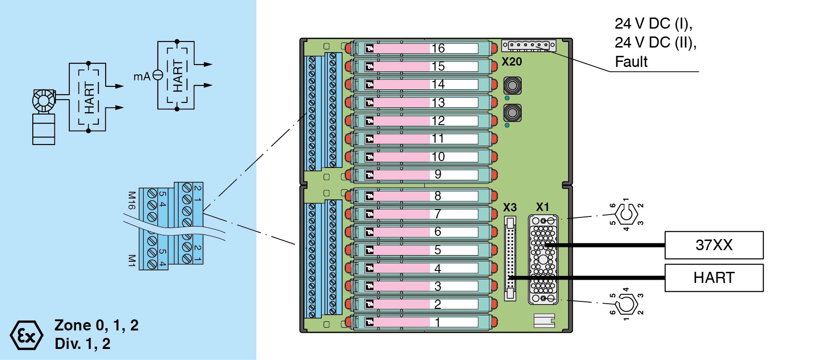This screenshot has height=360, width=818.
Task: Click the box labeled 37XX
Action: pyautogui.click(x=714, y=245)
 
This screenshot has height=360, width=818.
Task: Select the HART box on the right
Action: pyautogui.click(x=714, y=278)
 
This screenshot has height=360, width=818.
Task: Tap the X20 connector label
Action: pyautogui.click(x=511, y=62)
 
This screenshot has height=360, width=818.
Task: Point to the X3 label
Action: pyautogui.click(x=510, y=207)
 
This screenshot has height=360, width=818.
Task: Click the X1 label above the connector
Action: pyautogui.click(x=542, y=207)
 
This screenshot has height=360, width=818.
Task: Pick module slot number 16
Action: pyautogui.click(x=420, y=48)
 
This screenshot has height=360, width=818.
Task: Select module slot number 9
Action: pyautogui.click(x=420, y=175)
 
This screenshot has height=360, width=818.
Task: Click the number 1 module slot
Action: pyautogui.click(x=420, y=322)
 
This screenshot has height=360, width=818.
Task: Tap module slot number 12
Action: pyautogui.click(x=420, y=121)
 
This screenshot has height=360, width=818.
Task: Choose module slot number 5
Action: pyautogui.click(x=420, y=250)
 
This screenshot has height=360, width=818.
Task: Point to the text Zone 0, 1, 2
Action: pyautogui.click(x=96, y=325)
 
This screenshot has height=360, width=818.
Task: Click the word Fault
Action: pyautogui.click(x=631, y=62)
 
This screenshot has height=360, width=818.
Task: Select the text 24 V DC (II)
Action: pyautogui.click(x=656, y=42)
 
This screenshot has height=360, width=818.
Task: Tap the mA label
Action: pyautogui.click(x=142, y=77)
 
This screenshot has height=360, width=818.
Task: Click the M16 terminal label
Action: pyautogui.click(x=132, y=201)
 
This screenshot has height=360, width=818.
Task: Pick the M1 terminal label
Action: pyautogui.click(x=132, y=260)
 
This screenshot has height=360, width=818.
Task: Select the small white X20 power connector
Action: pyautogui.click(x=529, y=45)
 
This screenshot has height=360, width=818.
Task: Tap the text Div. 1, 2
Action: pyautogui.click(x=82, y=344)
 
